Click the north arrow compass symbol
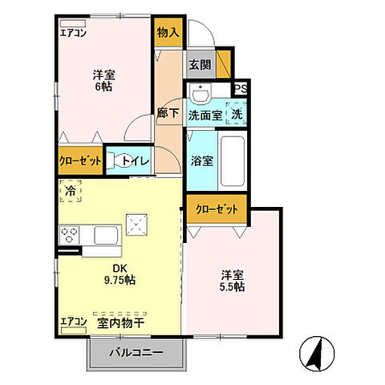(317, 354)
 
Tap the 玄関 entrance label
(201, 65)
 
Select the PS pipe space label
(241, 89)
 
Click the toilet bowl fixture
(119, 161)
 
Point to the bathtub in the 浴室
(233, 161)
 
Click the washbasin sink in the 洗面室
(201, 93)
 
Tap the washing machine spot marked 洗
(237, 113)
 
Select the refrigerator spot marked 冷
(71, 191)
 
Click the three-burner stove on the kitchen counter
(69, 235)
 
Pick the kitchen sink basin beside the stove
(106, 235)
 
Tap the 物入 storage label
(168, 33)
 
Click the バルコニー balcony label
(136, 352)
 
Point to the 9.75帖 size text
(120, 280)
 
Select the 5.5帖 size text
(232, 286)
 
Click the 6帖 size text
(104, 87)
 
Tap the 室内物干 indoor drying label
(121, 323)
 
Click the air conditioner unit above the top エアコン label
(73, 23)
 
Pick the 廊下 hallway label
(168, 113)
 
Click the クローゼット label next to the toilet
(80, 161)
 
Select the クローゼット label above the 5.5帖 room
(217, 209)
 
